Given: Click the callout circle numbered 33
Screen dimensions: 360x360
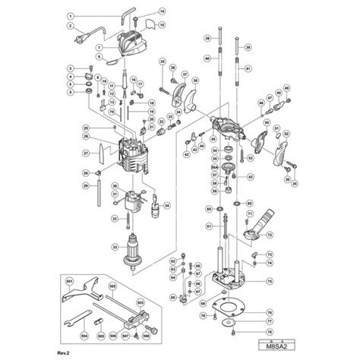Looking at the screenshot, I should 115,246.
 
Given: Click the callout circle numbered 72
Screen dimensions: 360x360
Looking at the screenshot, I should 268,236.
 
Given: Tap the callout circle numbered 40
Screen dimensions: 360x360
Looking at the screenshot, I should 207,58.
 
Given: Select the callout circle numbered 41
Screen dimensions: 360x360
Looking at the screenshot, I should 248,68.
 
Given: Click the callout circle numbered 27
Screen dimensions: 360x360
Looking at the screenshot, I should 86,153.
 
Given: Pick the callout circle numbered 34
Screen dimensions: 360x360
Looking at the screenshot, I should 167,205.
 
